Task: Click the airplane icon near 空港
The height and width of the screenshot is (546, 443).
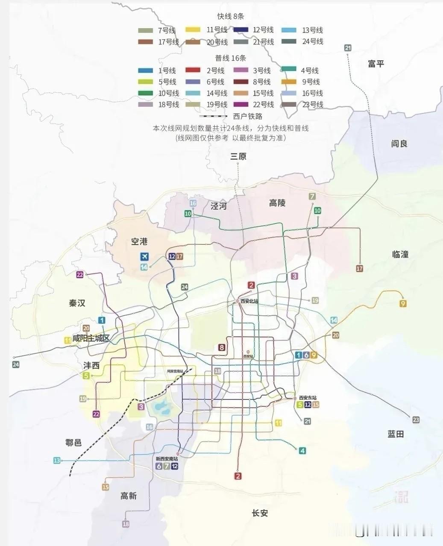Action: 145,257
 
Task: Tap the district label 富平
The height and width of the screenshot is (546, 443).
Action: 376,64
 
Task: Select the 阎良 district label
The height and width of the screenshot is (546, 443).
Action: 399,144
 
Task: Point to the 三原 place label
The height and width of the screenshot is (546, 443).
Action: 238,156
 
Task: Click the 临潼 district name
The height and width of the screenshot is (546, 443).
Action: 400,254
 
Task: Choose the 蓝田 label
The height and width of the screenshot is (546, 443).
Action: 396,434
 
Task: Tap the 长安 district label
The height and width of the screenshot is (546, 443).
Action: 260,513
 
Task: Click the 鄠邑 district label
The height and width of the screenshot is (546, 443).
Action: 73,443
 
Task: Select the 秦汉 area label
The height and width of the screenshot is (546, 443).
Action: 77,303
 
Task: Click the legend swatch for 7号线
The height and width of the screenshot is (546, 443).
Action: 146,30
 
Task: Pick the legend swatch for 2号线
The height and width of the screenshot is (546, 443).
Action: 194,70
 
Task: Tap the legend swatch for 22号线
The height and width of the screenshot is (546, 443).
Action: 242,105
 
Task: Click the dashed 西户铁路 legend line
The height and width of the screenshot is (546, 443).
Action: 213,116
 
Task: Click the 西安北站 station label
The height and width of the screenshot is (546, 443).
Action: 249,301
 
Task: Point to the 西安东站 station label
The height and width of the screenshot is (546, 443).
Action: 308,398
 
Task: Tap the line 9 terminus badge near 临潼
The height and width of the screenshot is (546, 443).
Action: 403,304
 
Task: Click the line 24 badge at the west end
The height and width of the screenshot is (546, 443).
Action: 16,364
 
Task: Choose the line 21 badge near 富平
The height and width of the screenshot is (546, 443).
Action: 348,48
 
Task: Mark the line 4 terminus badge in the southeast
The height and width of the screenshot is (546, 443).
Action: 302,451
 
